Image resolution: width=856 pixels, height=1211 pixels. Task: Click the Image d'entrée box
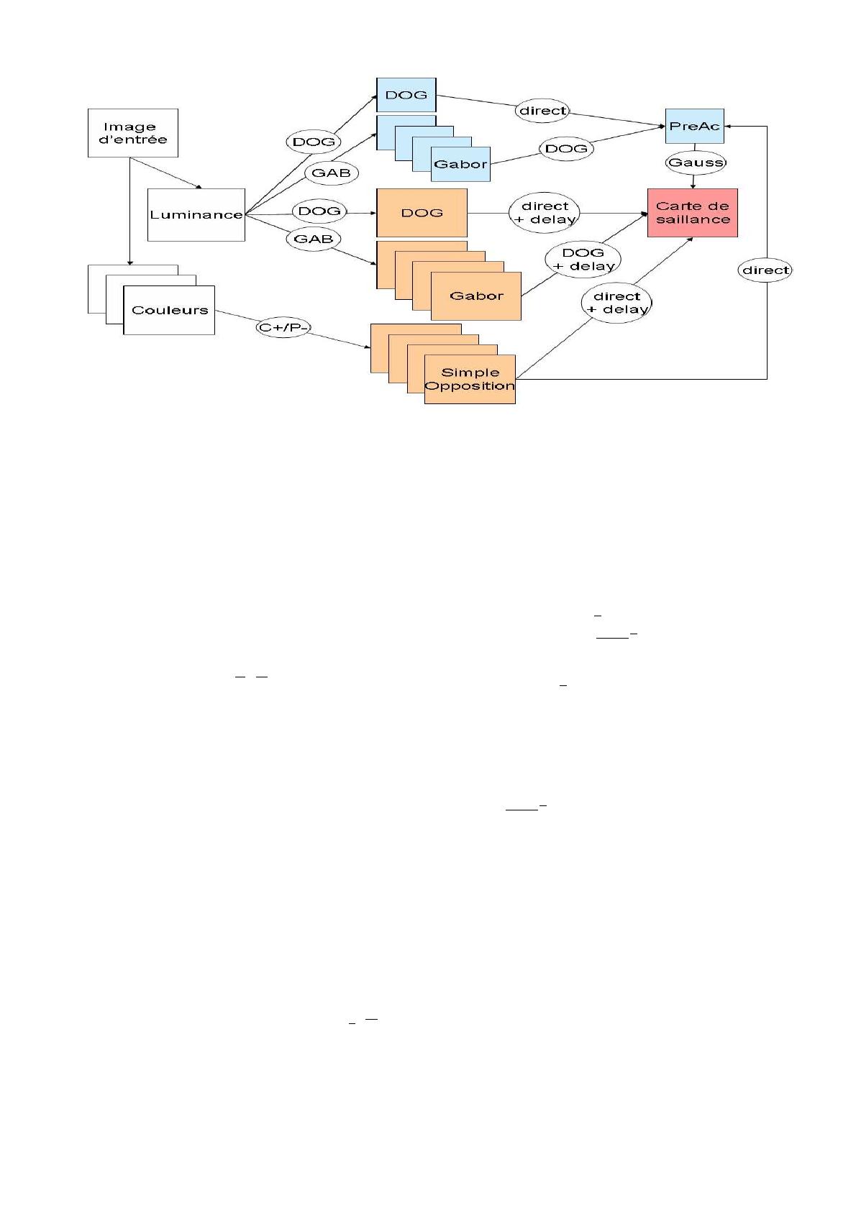tap(132, 133)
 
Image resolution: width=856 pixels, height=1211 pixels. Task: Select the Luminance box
tap(196, 214)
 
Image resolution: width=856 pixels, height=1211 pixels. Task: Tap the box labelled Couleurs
tap(169, 310)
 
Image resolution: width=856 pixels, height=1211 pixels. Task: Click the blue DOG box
tap(406, 95)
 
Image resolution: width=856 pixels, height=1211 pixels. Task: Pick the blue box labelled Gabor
tap(460, 164)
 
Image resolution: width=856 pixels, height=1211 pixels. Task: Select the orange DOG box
tap(422, 213)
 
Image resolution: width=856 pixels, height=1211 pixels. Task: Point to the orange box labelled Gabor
tap(476, 296)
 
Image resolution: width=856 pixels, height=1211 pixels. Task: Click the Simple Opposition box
tap(470, 379)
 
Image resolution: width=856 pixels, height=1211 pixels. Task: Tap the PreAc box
tap(694, 126)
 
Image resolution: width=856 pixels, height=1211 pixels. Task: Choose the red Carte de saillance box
tap(692, 213)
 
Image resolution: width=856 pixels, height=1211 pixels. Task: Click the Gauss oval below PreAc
tap(696, 163)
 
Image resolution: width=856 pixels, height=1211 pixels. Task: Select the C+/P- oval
tap(283, 328)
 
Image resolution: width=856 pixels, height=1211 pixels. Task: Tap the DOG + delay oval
tap(583, 260)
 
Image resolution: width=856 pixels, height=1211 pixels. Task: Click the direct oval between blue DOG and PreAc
tap(542, 111)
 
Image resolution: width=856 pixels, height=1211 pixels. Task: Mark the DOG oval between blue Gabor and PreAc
tap(566, 149)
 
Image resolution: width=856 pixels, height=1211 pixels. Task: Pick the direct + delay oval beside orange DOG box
tap(545, 213)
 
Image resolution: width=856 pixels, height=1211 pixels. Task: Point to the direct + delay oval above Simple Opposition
tap(616, 303)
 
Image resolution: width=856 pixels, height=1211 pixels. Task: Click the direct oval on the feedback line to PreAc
tap(765, 270)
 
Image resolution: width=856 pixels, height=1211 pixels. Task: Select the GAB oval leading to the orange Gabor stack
tap(314, 239)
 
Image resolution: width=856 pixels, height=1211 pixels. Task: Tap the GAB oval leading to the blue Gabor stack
tap(332, 173)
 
